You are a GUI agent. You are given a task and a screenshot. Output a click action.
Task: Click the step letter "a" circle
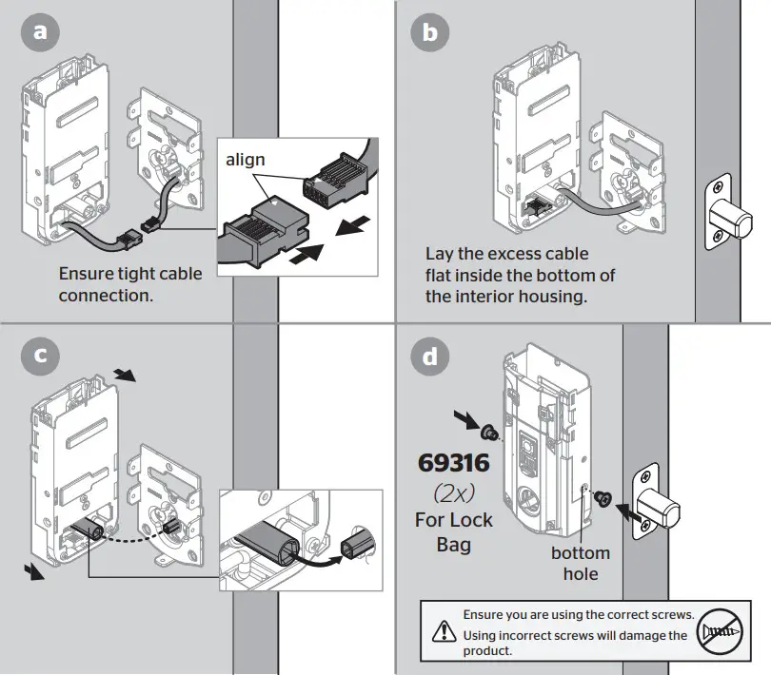[39, 33]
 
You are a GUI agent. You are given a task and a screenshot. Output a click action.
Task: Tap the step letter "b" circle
[429, 33]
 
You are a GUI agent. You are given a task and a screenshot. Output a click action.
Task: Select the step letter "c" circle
[39, 356]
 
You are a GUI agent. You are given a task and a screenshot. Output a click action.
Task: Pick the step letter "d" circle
[429, 357]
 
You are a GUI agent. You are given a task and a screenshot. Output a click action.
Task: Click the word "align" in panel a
[246, 161]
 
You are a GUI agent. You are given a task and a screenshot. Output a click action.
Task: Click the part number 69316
[455, 463]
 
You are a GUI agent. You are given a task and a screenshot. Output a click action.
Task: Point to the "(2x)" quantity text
[455, 493]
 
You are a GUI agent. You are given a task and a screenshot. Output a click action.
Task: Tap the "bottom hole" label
[580, 563]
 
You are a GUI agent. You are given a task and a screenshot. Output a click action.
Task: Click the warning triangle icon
[444, 629]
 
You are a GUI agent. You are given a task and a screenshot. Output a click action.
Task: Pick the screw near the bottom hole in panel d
[601, 497]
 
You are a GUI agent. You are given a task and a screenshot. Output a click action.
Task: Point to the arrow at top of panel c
[125, 375]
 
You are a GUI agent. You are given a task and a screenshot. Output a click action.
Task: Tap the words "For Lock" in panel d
[454, 520]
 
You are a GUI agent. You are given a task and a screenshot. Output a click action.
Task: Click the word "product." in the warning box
[487, 652]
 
